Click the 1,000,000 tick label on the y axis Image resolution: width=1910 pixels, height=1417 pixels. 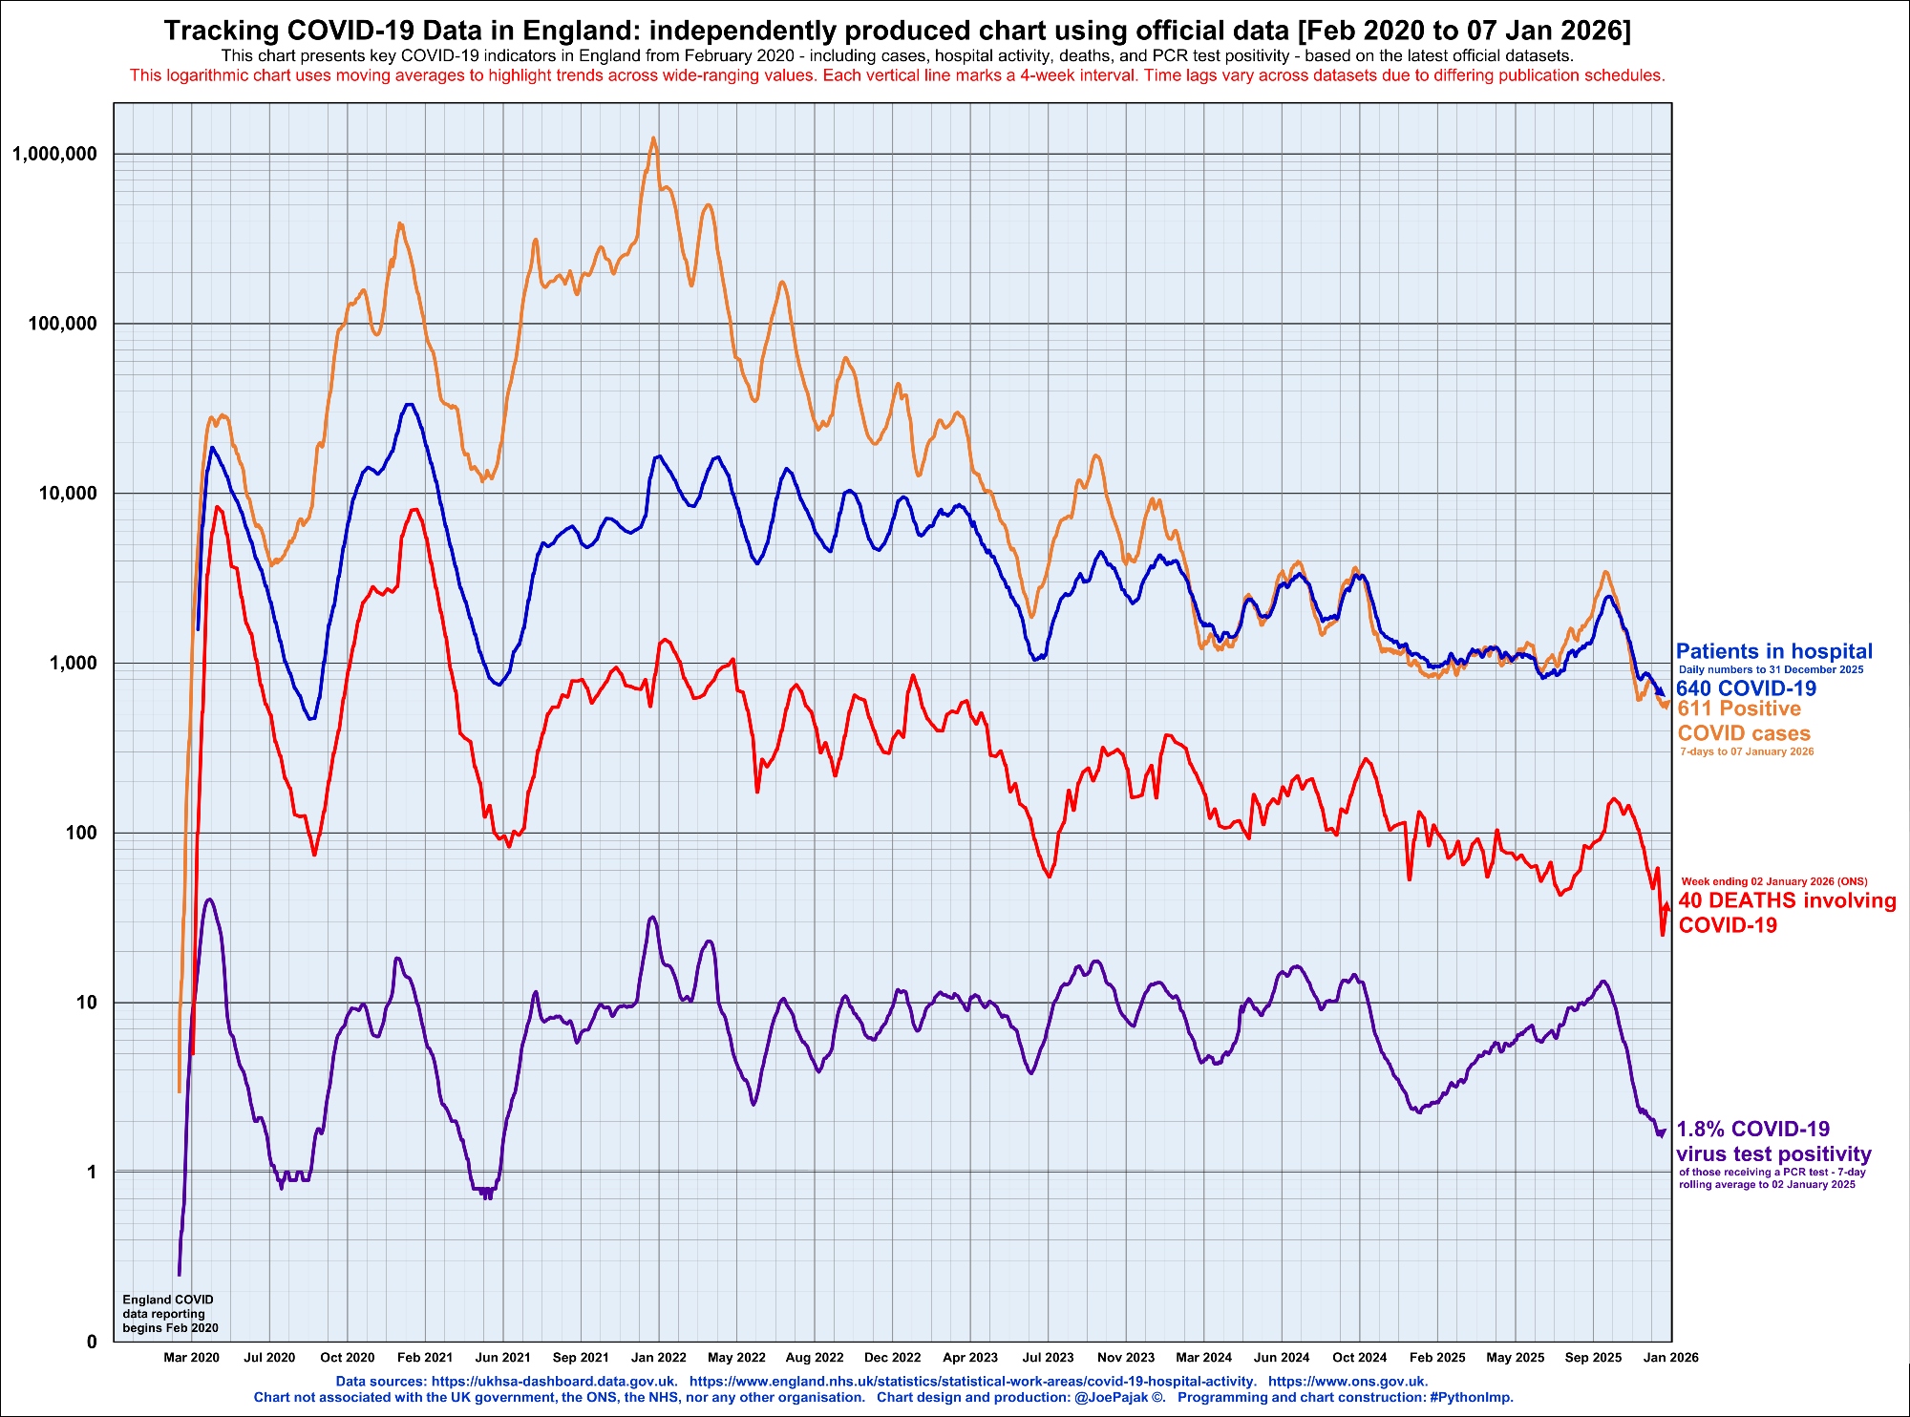(x=54, y=154)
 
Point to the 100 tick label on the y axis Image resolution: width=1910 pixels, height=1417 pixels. (x=80, y=833)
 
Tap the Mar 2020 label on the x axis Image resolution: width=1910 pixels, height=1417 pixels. (x=191, y=1357)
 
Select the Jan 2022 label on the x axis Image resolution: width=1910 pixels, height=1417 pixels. (x=659, y=1357)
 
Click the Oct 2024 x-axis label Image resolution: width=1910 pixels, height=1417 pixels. (x=1359, y=1357)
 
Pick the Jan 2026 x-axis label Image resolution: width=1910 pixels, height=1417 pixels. (x=1671, y=1357)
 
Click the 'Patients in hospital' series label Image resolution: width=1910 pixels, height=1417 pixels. (x=1773, y=651)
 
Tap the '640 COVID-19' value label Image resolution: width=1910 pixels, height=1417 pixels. (x=1746, y=688)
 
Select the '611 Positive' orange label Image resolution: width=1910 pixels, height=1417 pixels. (x=1739, y=708)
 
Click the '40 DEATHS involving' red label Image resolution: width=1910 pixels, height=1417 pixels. (x=1787, y=900)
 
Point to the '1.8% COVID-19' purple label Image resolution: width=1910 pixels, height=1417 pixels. (x=1753, y=1129)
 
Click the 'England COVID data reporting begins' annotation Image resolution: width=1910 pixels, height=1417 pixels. (x=170, y=1313)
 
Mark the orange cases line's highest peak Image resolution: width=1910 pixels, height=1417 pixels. (x=653, y=138)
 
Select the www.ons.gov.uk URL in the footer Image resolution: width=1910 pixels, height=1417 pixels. (x=1348, y=1381)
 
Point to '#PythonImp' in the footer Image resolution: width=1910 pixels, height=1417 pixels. (x=1469, y=1397)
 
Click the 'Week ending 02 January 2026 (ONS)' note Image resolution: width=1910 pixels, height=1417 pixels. (x=1773, y=881)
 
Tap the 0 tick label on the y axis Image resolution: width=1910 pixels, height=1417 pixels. (x=92, y=1342)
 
